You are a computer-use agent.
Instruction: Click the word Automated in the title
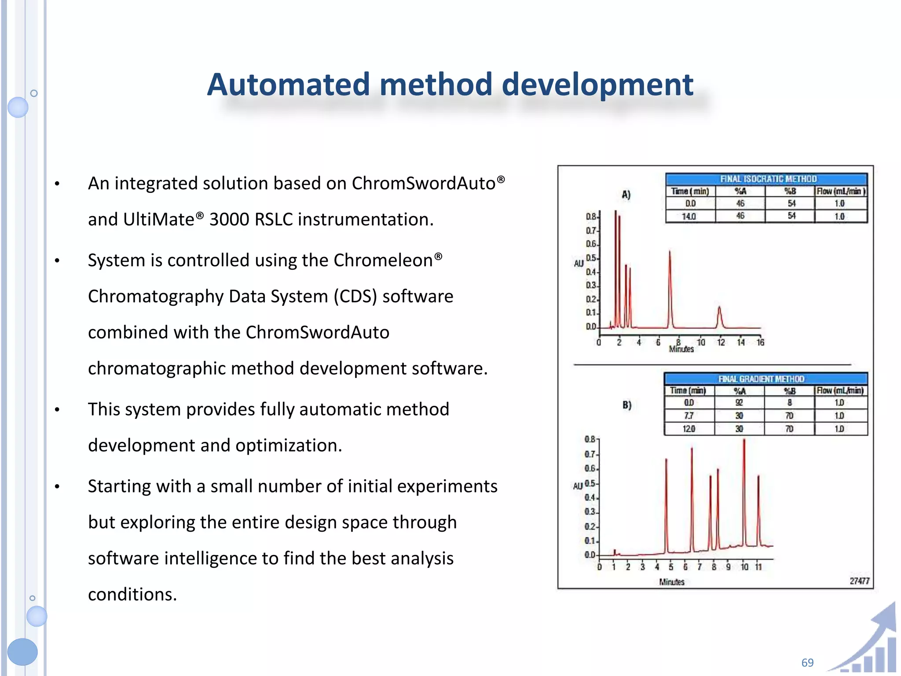point(288,84)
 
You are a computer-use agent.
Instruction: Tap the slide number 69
point(807,662)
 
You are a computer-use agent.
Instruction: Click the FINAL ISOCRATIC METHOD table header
point(768,179)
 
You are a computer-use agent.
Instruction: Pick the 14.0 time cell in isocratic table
point(689,216)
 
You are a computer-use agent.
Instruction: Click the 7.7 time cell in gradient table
point(689,415)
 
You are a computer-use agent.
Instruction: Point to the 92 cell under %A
point(739,403)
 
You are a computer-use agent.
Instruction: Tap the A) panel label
point(626,195)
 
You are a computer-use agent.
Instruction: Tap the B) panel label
point(627,405)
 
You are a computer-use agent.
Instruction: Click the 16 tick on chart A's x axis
point(760,342)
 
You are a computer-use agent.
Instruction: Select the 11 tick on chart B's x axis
point(758,567)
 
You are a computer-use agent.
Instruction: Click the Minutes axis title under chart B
point(671,582)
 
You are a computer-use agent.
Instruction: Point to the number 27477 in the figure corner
point(859,581)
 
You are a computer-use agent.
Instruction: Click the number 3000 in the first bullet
point(229,219)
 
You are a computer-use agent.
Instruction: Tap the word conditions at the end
point(132,594)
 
